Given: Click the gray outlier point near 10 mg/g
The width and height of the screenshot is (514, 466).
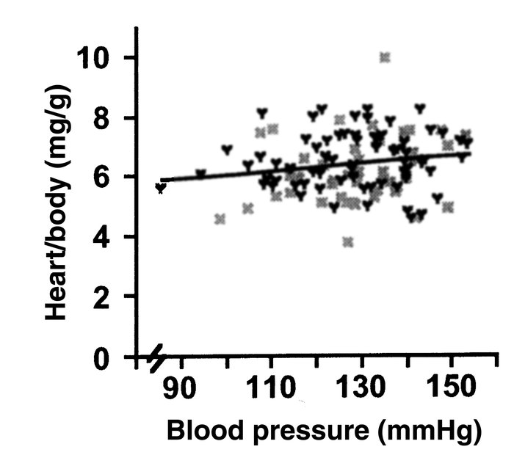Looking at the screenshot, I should click(385, 57).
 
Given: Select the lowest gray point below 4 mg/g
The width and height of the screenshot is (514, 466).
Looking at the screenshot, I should click(348, 242).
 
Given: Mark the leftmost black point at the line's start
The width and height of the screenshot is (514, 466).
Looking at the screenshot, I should click(160, 188).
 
